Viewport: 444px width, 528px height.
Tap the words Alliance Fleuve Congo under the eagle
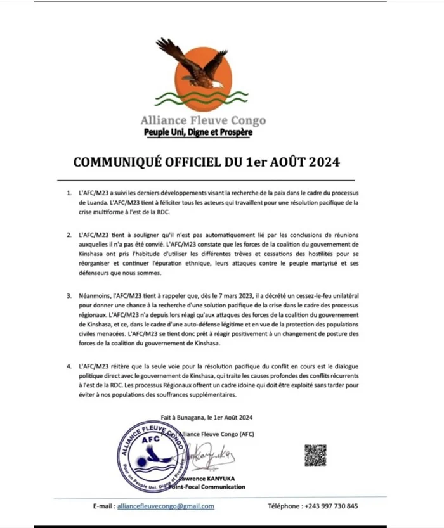[203, 120]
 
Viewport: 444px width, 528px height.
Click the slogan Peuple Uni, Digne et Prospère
[197, 132]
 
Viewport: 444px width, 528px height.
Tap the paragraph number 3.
[69, 295]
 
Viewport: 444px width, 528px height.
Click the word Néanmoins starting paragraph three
[96, 295]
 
